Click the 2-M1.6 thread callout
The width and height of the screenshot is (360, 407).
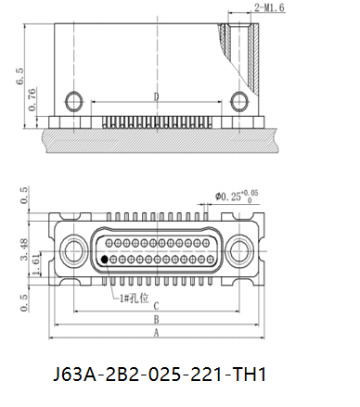coord(269,7)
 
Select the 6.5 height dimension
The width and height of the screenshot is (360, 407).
coord(19,76)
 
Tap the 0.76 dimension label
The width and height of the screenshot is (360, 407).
coord(32,99)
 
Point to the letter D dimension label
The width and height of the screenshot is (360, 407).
coord(157,96)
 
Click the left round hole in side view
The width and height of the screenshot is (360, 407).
coord(74,101)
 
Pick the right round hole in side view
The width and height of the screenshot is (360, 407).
coord(239,101)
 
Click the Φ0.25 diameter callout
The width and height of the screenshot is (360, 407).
coord(237,196)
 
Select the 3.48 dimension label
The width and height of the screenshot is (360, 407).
coord(24,249)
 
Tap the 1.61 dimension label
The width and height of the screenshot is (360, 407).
coord(36,264)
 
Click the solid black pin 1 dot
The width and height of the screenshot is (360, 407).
coord(105,260)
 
